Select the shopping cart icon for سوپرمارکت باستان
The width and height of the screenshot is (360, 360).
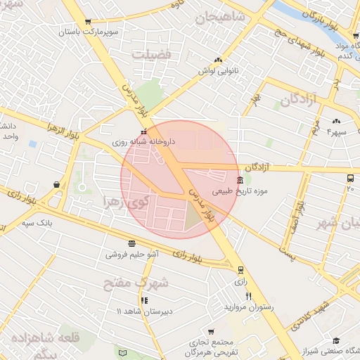pyautogui.click(x=87, y=22)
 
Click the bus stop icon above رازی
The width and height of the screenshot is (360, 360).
pyautogui.click(x=241, y=269)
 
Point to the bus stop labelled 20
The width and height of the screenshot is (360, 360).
pyautogui.click(x=350, y=179)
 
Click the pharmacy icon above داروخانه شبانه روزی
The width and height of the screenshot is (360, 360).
pyautogui.click(x=144, y=131)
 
